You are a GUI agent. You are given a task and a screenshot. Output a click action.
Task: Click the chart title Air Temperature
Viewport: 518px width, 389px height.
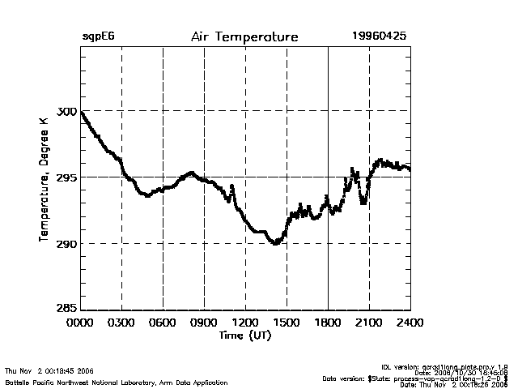[x=244, y=37]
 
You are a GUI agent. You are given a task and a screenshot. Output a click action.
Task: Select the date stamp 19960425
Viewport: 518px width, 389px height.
[x=379, y=36]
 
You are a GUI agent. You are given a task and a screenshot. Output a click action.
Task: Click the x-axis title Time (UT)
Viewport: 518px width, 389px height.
[x=244, y=336]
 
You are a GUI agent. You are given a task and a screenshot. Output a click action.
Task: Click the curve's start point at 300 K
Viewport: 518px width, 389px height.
[x=82, y=112]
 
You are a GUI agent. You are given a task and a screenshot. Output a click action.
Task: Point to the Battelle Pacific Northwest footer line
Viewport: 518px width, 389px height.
[x=117, y=382]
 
